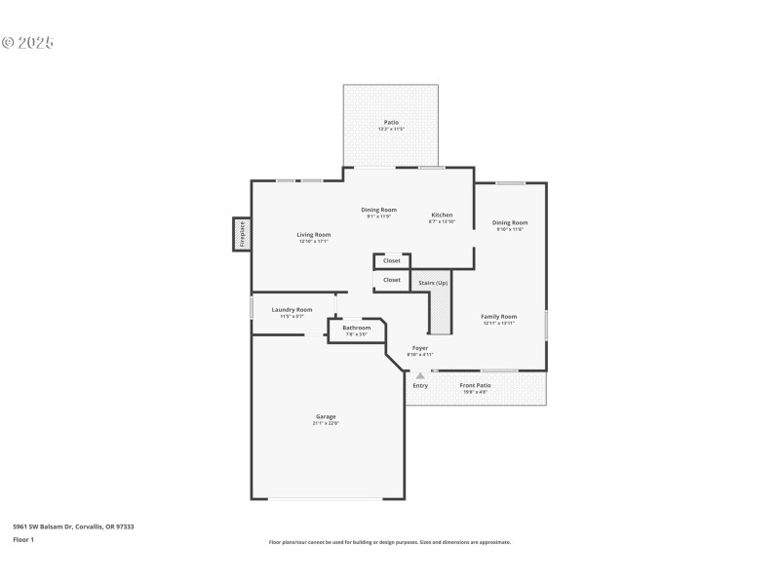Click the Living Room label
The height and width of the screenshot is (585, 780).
(314, 235)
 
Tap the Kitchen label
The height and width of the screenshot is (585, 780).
(442, 214)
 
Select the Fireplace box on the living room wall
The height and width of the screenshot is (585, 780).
(241, 235)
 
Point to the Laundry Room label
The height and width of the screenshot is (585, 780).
(292, 309)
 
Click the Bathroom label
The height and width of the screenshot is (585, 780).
(356, 328)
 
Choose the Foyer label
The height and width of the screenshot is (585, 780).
(419, 348)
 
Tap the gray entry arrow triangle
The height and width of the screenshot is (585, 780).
(420, 374)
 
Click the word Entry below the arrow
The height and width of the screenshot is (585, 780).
(420, 385)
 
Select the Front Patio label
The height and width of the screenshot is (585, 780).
(475, 385)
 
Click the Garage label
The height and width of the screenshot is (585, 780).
(325, 416)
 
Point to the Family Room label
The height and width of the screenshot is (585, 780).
(498, 316)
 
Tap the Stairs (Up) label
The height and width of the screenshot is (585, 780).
(433, 283)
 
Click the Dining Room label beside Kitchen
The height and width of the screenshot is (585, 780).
(378, 210)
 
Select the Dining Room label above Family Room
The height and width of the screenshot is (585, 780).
(510, 222)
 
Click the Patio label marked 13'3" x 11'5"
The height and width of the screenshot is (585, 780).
(391, 122)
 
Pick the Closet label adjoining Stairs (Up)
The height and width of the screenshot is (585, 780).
(391, 280)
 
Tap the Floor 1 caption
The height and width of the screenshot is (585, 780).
(23, 539)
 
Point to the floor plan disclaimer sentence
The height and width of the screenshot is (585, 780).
(389, 542)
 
